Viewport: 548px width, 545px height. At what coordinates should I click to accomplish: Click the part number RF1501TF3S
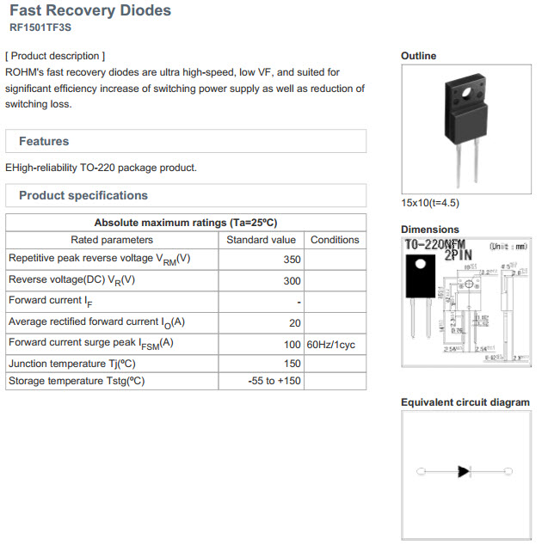pos(41,28)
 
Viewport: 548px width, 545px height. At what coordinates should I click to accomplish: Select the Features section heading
pos(44,141)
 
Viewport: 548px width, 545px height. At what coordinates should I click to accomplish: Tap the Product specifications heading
pos(83,195)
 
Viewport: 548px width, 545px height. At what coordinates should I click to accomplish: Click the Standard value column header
pos(261,240)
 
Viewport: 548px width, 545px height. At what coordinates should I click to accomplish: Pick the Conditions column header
pos(335,240)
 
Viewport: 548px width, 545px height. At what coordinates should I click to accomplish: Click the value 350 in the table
pos(292,259)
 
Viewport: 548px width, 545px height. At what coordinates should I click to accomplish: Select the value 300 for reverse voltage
pos(292,280)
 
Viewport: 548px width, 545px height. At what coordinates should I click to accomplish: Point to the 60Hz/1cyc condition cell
pos(330,344)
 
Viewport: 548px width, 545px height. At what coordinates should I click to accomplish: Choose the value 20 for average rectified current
pos(294,322)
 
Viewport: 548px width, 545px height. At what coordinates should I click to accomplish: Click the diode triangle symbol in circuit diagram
pos(464,471)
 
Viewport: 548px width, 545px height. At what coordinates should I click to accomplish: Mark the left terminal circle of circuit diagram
pos(420,471)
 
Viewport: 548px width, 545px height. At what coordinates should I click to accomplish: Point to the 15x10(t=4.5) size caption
pos(430,203)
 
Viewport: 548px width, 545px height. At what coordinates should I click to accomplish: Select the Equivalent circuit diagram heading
pos(465,402)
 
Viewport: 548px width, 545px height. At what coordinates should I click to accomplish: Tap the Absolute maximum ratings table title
pos(185,222)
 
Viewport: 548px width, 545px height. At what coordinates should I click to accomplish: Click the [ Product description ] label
pos(55,56)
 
